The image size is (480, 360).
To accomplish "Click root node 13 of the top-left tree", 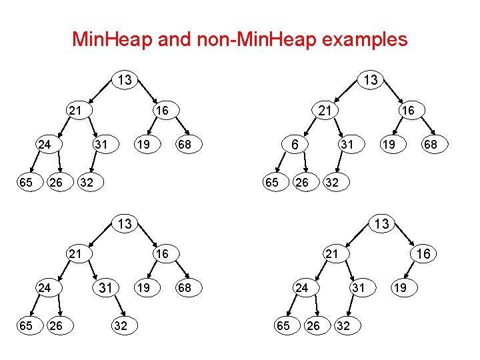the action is [125, 80].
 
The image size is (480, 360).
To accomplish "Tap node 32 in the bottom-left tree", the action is [121, 325].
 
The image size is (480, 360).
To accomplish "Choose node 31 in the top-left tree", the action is [101, 144].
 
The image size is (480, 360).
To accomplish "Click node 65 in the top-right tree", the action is [271, 181].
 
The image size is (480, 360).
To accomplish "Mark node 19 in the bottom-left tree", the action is [142, 288].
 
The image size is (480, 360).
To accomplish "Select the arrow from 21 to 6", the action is [308, 127].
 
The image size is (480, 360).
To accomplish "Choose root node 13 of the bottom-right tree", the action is [381, 224].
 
